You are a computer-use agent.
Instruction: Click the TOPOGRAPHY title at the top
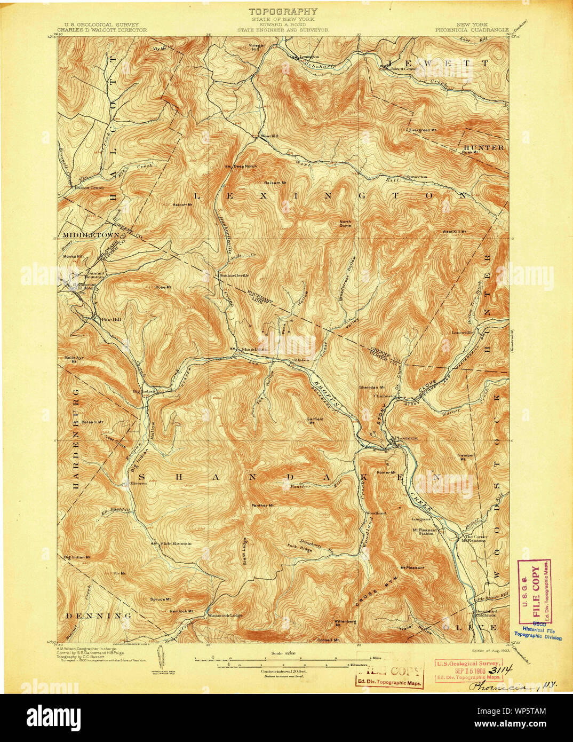pos(283,11)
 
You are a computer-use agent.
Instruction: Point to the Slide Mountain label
pos(176,544)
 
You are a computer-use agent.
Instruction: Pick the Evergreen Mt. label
pos(423,130)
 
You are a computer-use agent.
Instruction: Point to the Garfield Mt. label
pos(316,420)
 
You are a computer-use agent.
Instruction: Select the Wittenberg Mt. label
pos(345,623)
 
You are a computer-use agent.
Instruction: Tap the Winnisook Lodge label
pos(225,615)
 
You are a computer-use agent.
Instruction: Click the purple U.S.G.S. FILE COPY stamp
pos(534,591)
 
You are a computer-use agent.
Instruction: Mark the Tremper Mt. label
pos(465,457)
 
